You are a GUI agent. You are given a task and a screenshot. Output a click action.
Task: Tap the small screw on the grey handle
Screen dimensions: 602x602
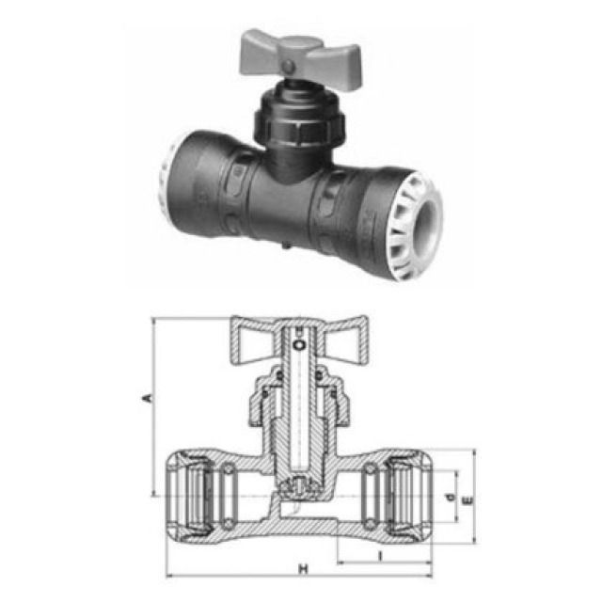[293, 64]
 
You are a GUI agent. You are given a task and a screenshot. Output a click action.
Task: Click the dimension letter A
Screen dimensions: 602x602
[146, 403]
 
